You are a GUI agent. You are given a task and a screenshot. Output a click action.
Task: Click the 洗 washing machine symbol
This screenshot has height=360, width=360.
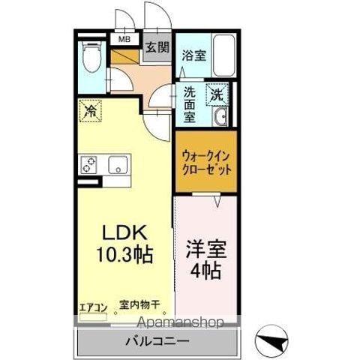point(216,95)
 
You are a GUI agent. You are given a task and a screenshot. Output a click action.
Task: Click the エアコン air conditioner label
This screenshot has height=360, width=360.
point(93,307)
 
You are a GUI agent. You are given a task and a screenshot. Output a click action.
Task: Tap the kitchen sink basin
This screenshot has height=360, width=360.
point(118,164)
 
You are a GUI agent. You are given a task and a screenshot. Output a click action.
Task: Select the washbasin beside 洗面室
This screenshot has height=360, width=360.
point(221,118)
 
